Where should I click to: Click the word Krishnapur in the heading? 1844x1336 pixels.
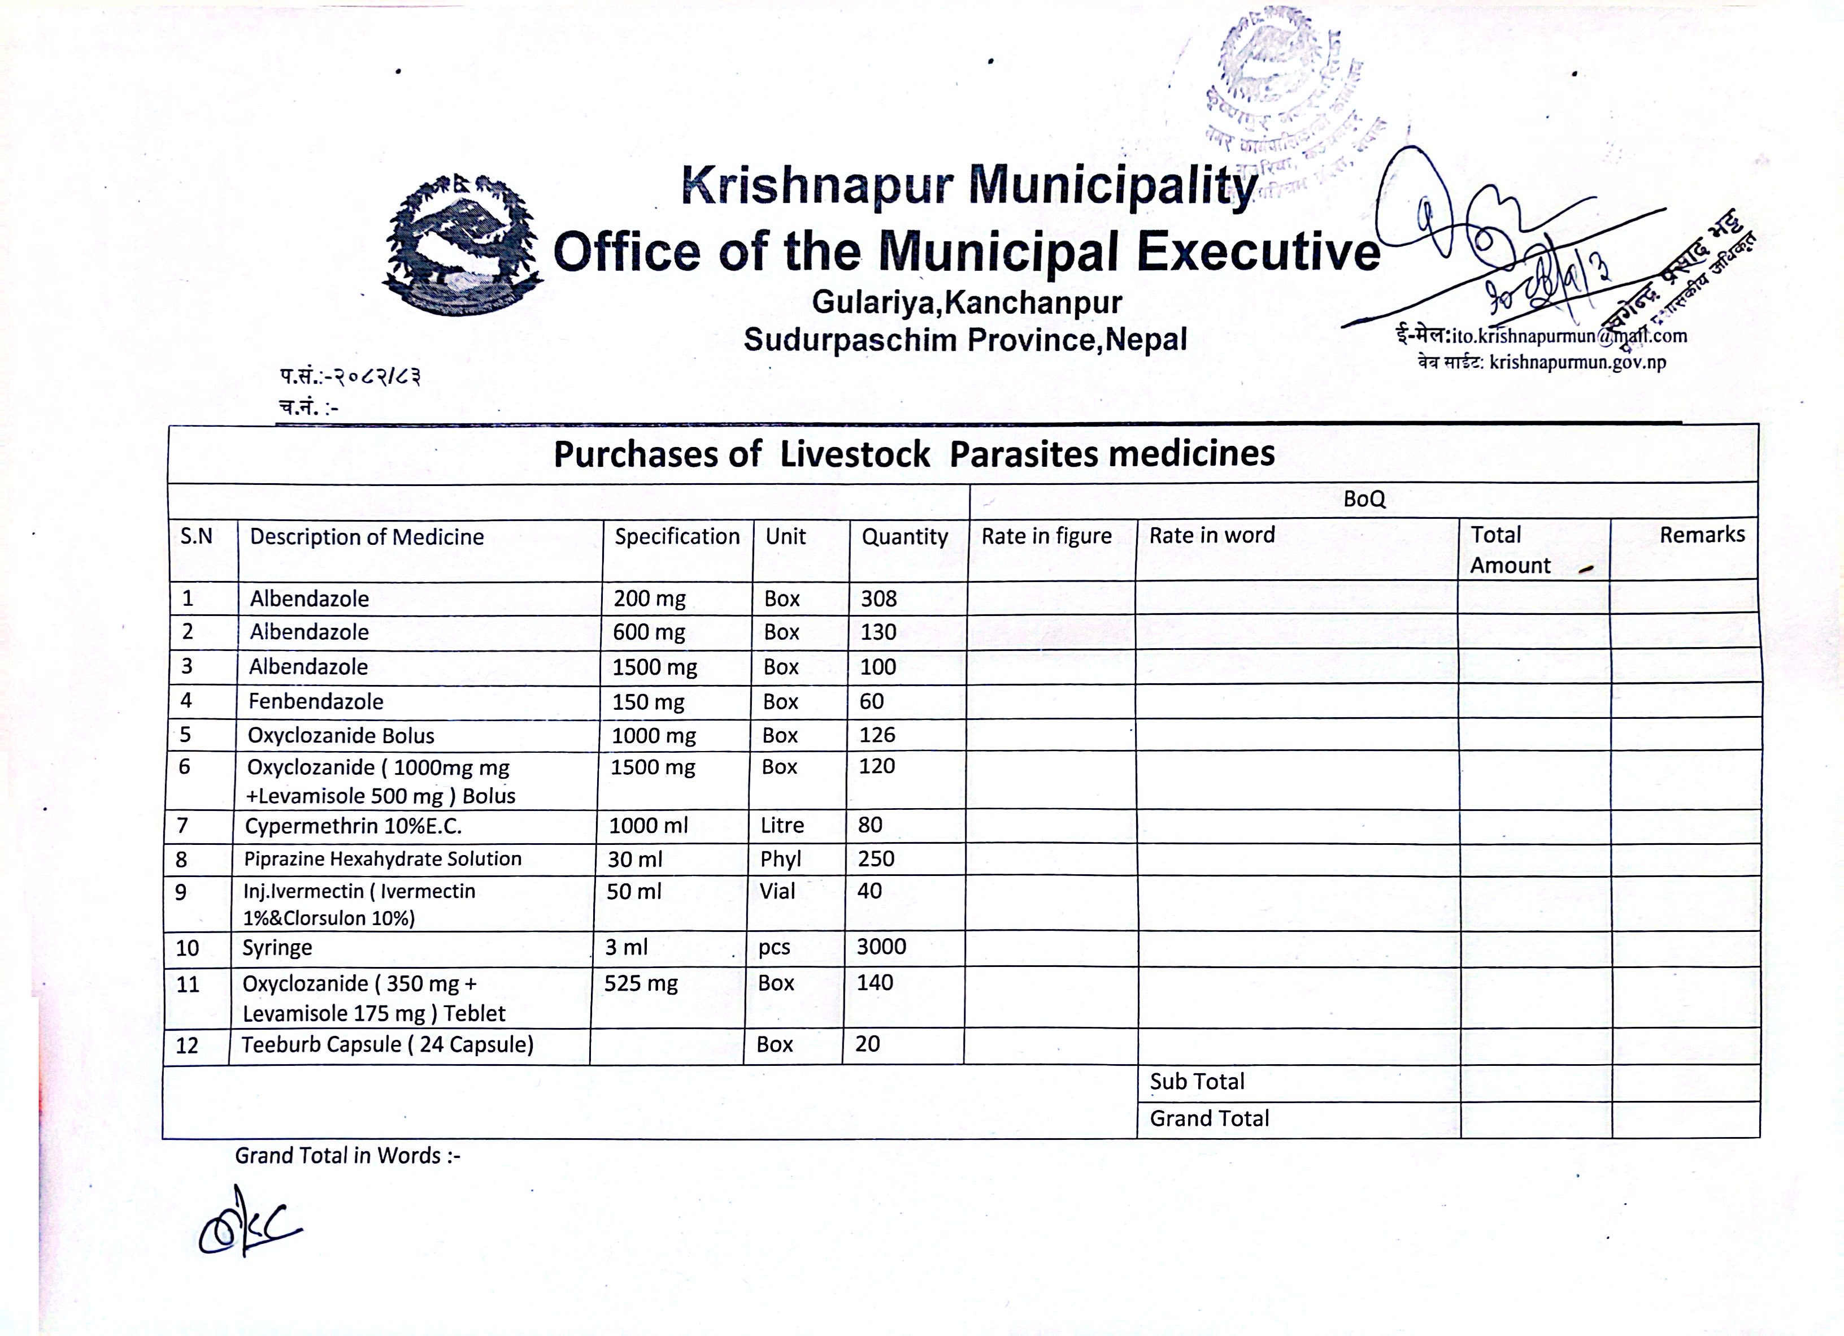[816, 185]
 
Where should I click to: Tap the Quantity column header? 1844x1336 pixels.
[905, 537]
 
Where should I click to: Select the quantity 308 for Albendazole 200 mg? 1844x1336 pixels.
[879, 598]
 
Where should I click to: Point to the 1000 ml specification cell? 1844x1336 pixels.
[648, 825]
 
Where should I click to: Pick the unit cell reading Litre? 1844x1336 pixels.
[782, 825]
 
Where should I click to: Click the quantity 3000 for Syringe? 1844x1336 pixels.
[881, 947]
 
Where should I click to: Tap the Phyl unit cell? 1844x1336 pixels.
[781, 858]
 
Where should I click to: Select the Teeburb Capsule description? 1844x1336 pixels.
[387, 1044]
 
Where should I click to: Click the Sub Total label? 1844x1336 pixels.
[1197, 1082]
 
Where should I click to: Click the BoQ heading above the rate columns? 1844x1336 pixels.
[1363, 499]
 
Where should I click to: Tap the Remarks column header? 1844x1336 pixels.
[1702, 535]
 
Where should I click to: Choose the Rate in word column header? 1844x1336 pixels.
[1211, 535]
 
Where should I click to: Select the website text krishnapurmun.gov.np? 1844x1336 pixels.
[1577, 363]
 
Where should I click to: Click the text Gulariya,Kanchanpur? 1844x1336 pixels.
[967, 302]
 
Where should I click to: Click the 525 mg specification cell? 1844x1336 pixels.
[641, 984]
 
